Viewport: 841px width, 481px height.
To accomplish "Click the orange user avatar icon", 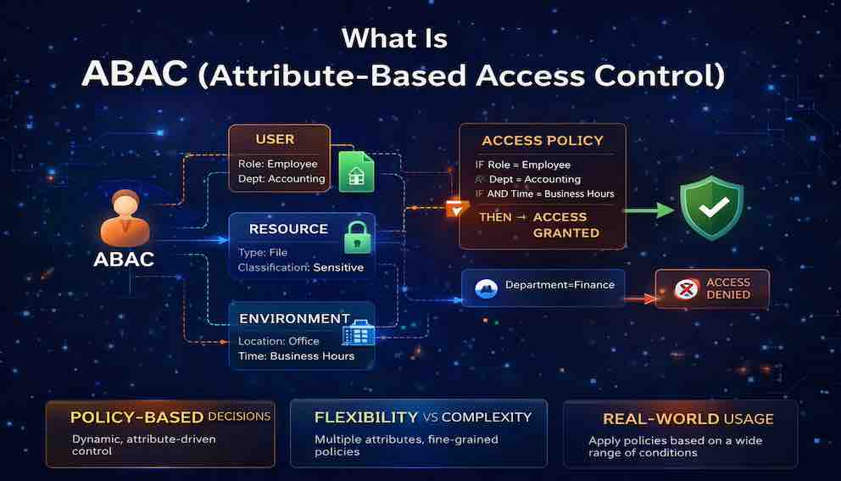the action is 125,218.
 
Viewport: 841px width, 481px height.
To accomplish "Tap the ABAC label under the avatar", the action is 124,260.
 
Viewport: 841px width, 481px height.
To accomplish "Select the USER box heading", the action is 276,140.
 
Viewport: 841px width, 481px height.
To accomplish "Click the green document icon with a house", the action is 356,171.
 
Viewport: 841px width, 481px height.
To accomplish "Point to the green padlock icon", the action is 358,237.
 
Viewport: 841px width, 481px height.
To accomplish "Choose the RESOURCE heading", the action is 288,229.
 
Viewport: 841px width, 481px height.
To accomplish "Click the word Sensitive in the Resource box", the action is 338,267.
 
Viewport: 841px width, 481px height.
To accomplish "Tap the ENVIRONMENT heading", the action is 294,319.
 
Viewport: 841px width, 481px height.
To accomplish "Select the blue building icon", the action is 359,333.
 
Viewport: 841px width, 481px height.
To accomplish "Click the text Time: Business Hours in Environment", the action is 296,356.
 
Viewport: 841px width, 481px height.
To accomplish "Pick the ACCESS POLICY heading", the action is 543,141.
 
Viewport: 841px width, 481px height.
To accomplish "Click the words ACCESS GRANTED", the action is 559,225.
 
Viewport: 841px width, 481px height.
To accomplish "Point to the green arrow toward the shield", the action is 650,210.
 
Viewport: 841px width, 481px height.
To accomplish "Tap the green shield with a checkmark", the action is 712,207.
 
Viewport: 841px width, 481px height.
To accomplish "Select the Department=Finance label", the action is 560,285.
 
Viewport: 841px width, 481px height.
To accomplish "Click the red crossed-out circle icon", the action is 687,289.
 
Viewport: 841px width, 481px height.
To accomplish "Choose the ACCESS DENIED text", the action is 728,288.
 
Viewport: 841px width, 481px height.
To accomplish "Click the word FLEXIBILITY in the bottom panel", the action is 366,417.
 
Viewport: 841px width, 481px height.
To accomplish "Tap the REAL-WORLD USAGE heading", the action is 688,419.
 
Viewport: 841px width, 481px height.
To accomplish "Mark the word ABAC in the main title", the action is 135,74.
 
